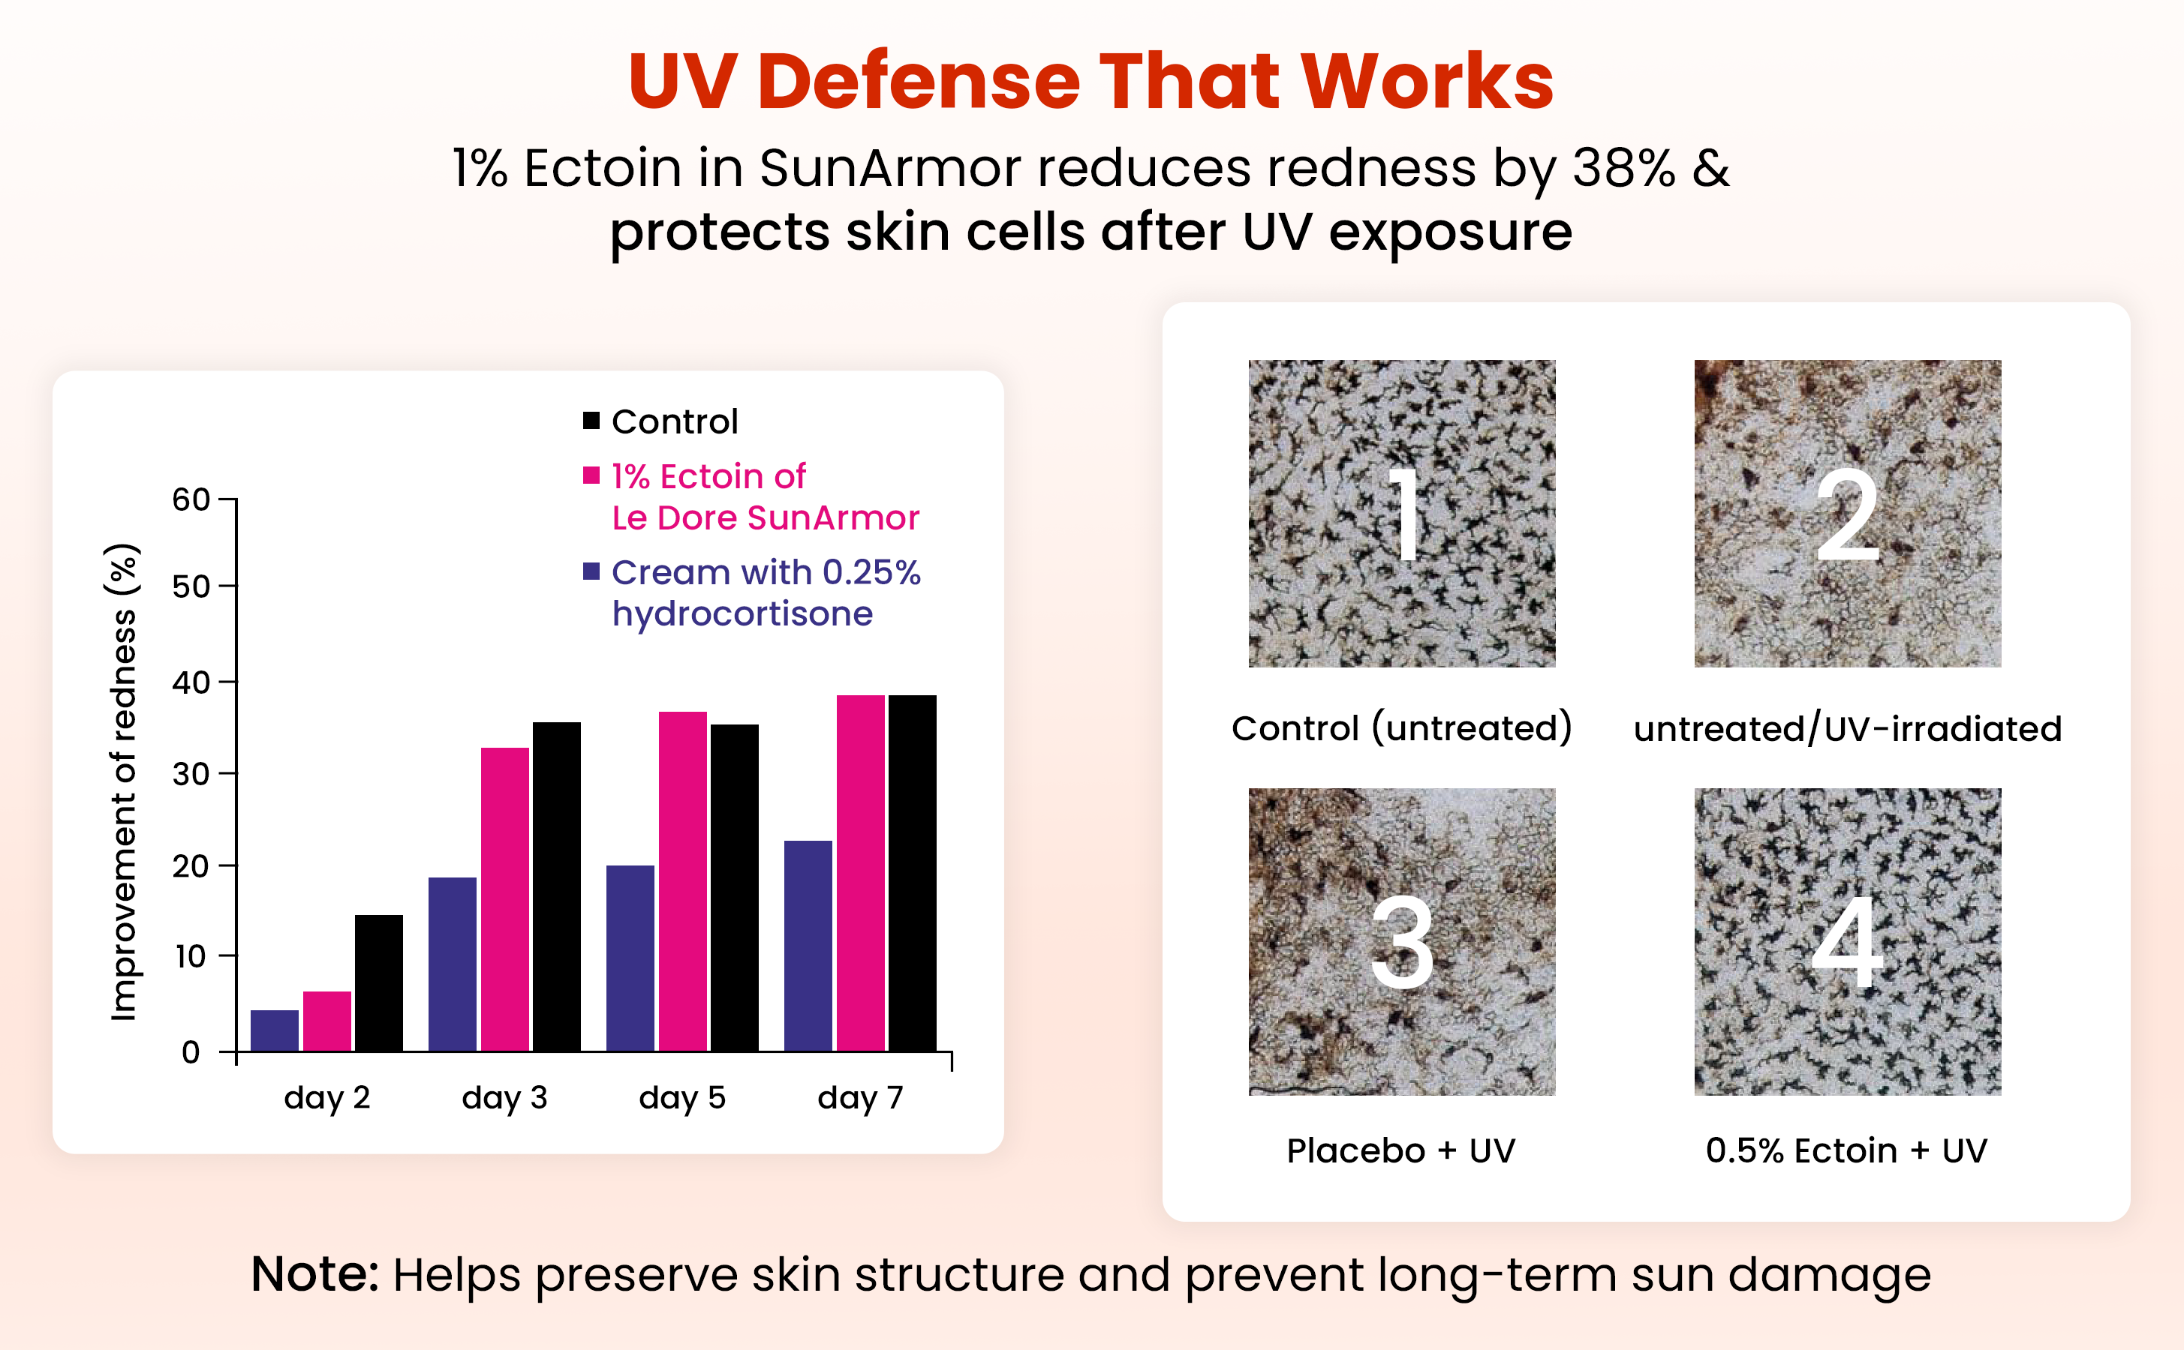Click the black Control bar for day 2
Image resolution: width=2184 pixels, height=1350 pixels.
tap(379, 983)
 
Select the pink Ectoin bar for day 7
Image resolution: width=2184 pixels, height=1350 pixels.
tap(860, 873)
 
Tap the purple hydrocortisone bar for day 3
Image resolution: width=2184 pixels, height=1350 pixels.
tap(452, 964)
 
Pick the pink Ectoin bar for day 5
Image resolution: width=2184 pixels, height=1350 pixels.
tap(682, 881)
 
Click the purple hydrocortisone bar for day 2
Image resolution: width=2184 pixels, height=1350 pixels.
tap(274, 1030)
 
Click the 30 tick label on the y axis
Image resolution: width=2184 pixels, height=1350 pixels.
tap(191, 773)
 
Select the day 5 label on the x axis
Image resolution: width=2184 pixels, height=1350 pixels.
tap(682, 1097)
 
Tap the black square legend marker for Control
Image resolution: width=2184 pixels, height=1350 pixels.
tap(591, 421)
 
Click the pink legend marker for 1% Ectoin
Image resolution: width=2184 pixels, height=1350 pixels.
tap(591, 475)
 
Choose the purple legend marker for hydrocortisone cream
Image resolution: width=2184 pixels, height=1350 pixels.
tap(591, 571)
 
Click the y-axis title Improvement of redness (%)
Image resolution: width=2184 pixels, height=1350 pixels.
tap(123, 781)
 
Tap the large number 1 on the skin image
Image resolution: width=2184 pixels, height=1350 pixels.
tap(1404, 514)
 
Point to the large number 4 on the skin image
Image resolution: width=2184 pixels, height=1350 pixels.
tap(1847, 942)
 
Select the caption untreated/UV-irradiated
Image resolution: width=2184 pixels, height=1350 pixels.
tap(1847, 728)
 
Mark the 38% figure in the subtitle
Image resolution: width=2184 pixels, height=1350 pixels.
tap(1624, 167)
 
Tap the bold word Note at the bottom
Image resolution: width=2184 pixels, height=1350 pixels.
tap(315, 1273)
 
